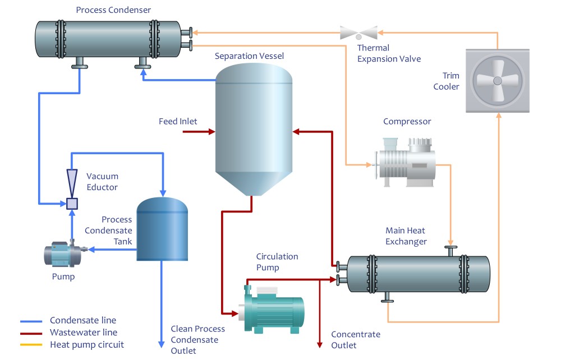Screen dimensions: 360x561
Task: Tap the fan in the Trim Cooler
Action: (x=497, y=80)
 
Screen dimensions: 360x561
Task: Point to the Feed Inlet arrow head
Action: (x=211, y=132)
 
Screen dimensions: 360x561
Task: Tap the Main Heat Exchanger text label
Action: (x=406, y=236)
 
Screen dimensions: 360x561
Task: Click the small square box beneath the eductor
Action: (x=72, y=204)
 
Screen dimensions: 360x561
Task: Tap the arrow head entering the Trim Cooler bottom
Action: (x=498, y=116)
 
